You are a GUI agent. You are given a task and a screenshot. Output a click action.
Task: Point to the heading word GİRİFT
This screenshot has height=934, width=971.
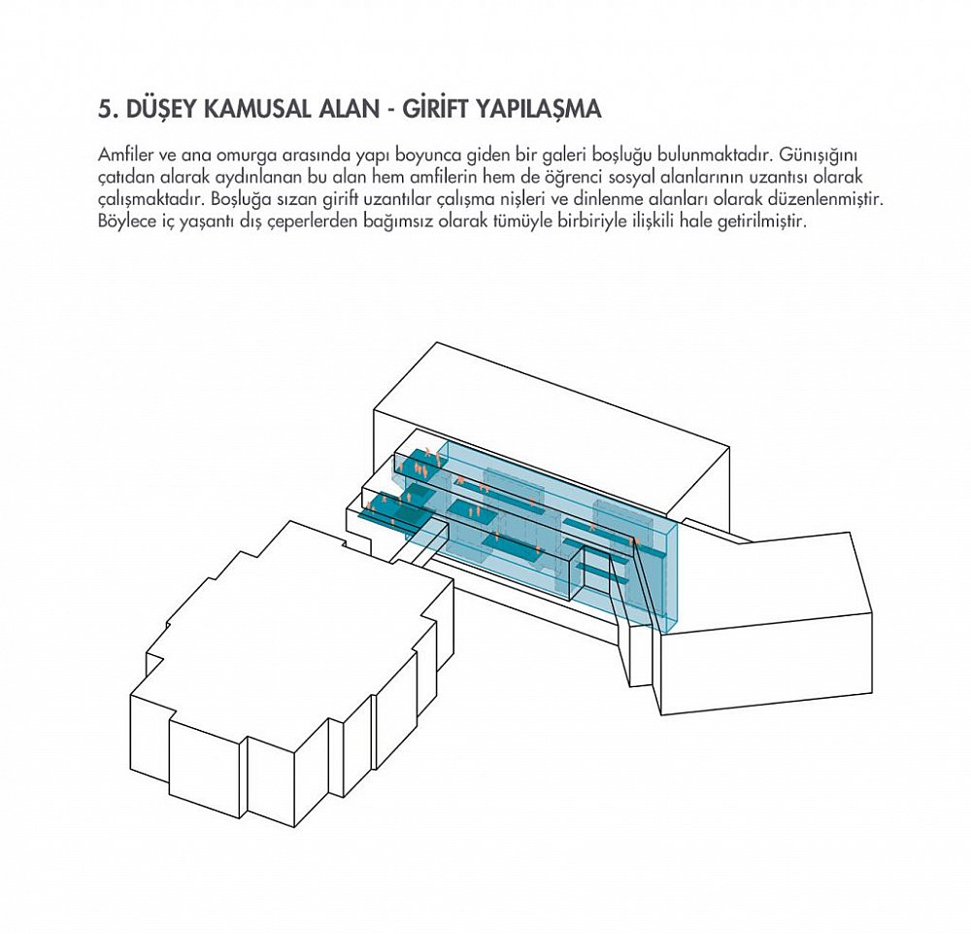coord(434,108)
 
